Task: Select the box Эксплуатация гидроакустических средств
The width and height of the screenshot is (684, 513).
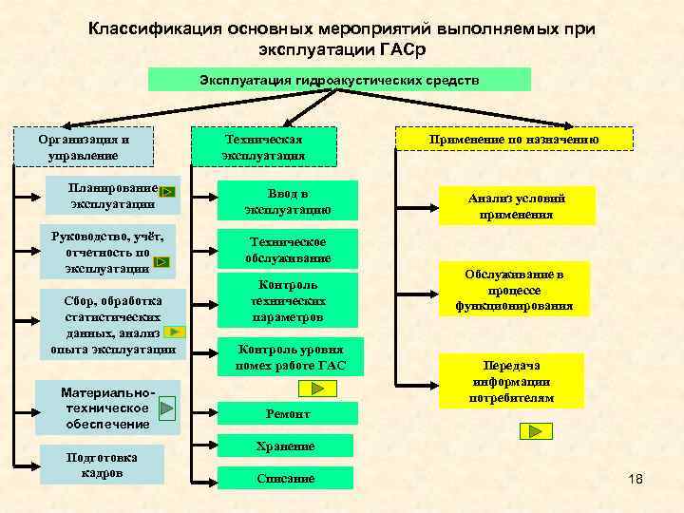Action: [x=339, y=80]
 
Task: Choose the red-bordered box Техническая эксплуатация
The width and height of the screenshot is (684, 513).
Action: [x=263, y=146]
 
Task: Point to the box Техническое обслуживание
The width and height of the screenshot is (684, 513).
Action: [x=287, y=249]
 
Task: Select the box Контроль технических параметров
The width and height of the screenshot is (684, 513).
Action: [x=287, y=300]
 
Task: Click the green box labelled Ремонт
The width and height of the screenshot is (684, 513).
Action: [x=287, y=414]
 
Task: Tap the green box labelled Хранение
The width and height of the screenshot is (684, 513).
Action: [x=285, y=446]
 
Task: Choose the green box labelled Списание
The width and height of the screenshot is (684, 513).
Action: [x=285, y=478]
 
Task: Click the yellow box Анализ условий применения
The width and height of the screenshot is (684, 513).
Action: [x=516, y=206]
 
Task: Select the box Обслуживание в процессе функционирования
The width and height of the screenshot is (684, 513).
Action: [x=514, y=291]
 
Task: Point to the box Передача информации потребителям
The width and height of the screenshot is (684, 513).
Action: [x=511, y=382]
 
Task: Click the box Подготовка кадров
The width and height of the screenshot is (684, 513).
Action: [x=101, y=464]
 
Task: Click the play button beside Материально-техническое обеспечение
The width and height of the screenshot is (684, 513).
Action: [x=166, y=408]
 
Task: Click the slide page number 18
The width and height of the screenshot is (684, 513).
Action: [x=636, y=478]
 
